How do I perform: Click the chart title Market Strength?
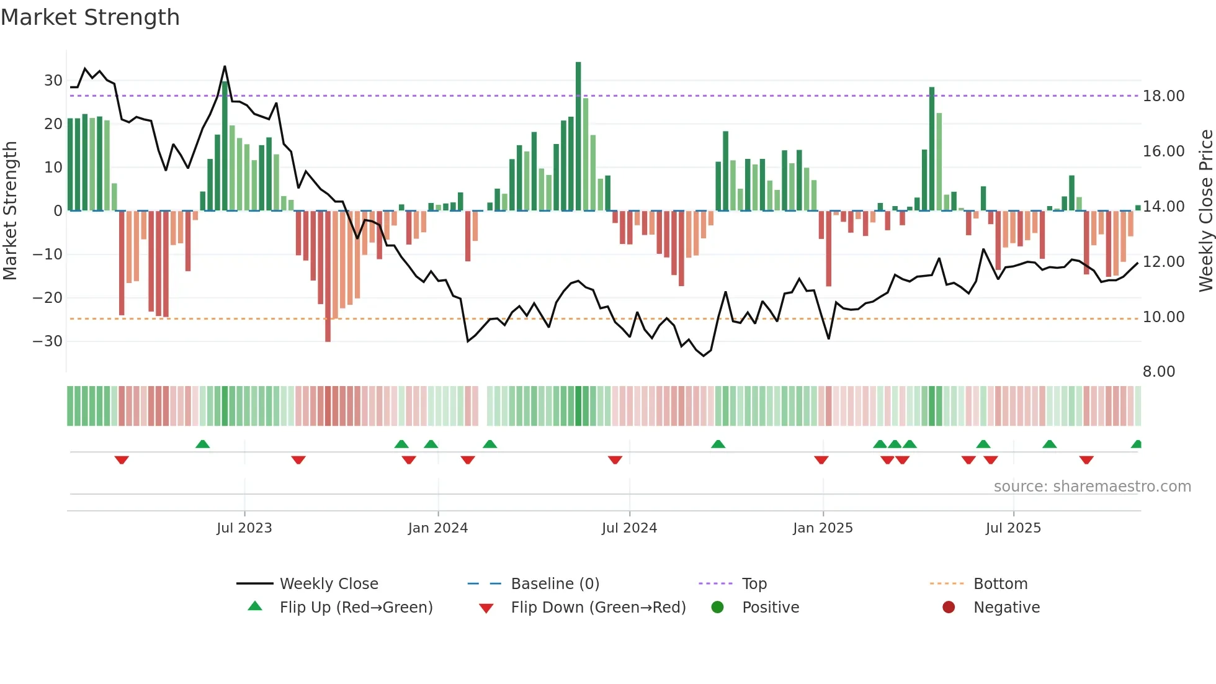point(90,17)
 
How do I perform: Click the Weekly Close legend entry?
point(328,583)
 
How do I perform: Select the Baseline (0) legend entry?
point(555,583)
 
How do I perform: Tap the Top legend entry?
point(754,583)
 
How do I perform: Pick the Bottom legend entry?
point(1000,583)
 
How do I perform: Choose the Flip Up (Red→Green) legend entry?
point(355,607)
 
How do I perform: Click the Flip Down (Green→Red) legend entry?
point(598,607)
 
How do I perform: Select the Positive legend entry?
point(770,607)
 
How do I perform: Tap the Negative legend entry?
point(1006,607)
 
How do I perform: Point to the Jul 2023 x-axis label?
point(244,528)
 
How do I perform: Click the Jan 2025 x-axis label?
point(823,528)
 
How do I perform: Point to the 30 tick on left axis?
point(53,81)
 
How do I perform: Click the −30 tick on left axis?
point(48,341)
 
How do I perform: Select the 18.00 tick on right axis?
point(1163,96)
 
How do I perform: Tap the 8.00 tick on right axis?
point(1158,372)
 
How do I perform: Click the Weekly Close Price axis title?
point(1205,211)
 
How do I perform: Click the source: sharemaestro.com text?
point(1092,487)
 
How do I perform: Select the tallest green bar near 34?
point(578,137)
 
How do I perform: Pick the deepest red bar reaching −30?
point(328,276)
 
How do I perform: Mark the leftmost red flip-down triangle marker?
point(122,460)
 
